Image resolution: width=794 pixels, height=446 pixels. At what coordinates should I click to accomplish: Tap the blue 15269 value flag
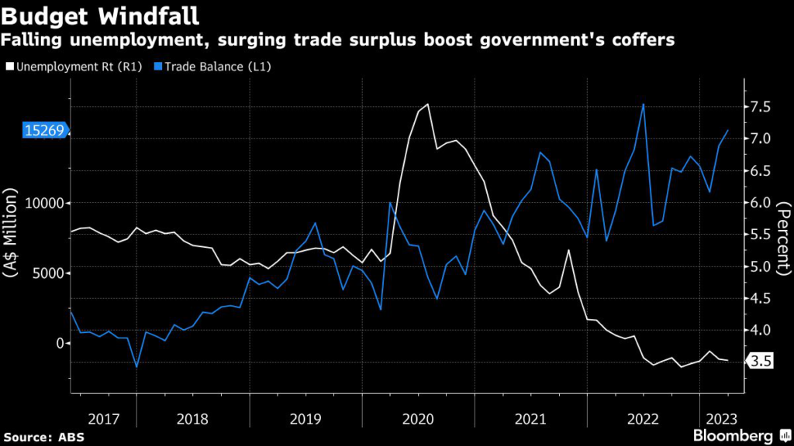45,132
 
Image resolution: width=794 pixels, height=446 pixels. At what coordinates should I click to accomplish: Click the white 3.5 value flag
761,361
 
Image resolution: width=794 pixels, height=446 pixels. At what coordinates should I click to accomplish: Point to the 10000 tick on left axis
44,203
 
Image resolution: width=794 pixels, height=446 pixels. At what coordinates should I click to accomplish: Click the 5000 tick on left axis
48,273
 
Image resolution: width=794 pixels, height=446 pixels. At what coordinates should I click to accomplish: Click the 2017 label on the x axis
103,419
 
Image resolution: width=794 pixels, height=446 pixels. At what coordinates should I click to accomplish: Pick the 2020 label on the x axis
418,419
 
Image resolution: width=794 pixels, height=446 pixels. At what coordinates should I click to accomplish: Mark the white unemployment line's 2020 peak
428,104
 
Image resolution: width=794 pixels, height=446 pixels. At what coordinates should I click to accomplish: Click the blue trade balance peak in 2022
643,104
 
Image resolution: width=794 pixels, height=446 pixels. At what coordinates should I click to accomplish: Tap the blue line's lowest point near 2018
136,367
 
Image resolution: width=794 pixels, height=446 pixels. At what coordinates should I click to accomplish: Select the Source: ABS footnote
43,437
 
